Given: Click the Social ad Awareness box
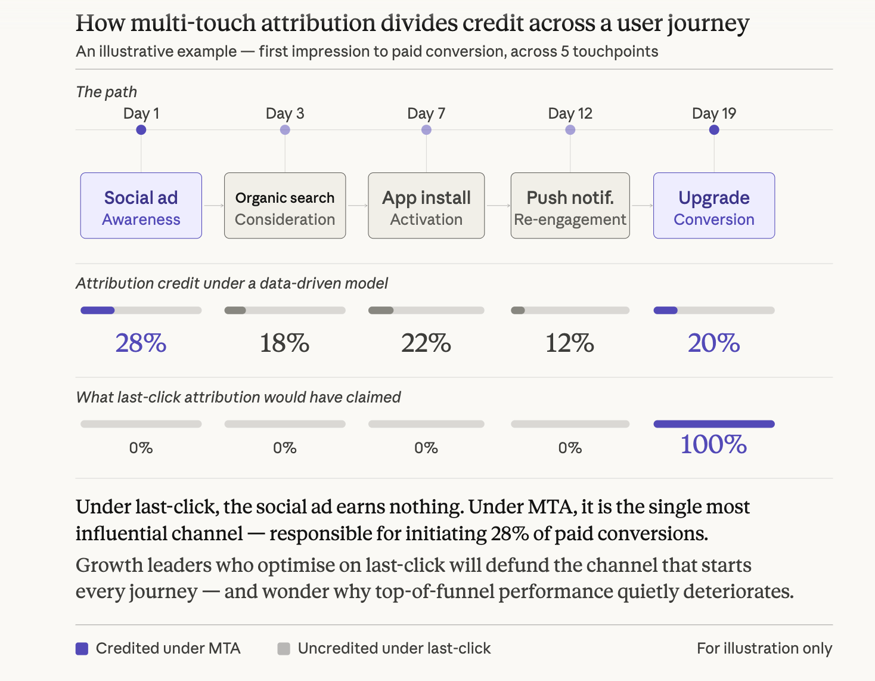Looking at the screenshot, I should pyautogui.click(x=141, y=206).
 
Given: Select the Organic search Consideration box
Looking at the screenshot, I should pyautogui.click(x=285, y=206).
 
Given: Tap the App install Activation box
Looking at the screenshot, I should pyautogui.click(x=426, y=206).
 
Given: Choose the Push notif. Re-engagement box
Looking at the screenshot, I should pyautogui.click(x=570, y=206).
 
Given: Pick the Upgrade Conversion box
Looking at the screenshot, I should pyautogui.click(x=714, y=206).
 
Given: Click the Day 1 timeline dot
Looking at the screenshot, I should pyautogui.click(x=141, y=130).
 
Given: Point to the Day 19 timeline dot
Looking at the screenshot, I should pyautogui.click(x=714, y=130).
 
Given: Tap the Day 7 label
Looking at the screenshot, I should pyautogui.click(x=426, y=113).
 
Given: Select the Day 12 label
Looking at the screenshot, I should pyautogui.click(x=570, y=113).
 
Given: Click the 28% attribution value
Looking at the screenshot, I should pyautogui.click(x=141, y=343).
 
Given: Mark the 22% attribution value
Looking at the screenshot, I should pyautogui.click(x=426, y=343).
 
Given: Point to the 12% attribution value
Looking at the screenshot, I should pyautogui.click(x=570, y=343).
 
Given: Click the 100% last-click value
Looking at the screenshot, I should pyautogui.click(x=714, y=445).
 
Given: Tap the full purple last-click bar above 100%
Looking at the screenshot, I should pyautogui.click(x=714, y=424).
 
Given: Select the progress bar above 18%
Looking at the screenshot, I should pyautogui.click(x=285, y=310).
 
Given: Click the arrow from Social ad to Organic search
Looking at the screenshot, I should pyautogui.click(x=213, y=206).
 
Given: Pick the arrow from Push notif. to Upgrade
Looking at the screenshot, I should pyautogui.click(x=642, y=206).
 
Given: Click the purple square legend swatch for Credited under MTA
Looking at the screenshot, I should pyautogui.click(x=82, y=649).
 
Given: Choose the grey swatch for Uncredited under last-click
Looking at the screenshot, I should pyautogui.click(x=284, y=649).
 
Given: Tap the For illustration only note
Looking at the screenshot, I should pyautogui.click(x=764, y=648).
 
